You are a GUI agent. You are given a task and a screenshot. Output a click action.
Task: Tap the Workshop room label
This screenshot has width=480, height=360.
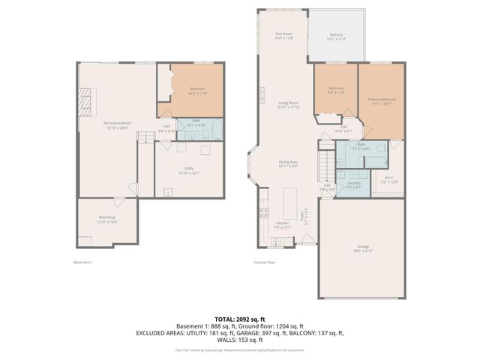(107, 219)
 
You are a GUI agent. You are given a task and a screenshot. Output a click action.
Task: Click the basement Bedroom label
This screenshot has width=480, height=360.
(197, 90)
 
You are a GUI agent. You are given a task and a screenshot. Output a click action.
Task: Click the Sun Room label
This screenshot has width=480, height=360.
(284, 36)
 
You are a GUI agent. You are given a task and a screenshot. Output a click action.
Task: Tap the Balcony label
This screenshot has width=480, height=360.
(337, 36)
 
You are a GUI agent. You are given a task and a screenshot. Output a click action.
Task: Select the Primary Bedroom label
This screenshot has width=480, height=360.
(382, 100)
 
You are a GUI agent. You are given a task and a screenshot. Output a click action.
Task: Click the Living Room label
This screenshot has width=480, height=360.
(289, 105)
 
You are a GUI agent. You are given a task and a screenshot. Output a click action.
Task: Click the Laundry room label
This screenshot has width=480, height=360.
(355, 184)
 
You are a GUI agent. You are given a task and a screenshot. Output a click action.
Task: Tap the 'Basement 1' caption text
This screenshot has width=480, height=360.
(82, 262)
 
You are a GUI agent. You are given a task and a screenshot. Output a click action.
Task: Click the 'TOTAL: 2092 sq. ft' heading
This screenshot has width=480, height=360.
(239, 319)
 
